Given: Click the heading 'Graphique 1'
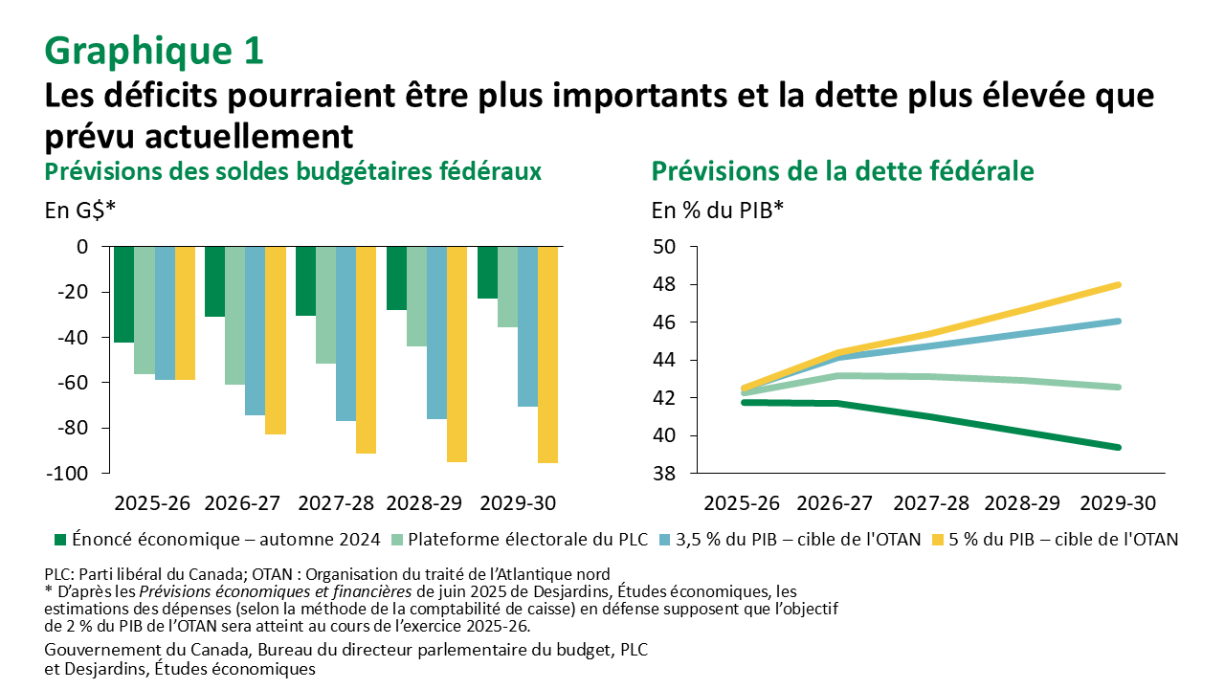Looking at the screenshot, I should coord(153,51).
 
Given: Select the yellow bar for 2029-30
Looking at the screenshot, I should coord(547,354).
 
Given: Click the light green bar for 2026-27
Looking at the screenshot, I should coord(234,315).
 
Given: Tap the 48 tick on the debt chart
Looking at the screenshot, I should coord(663,285).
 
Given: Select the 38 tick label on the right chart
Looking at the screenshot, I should coord(663,474).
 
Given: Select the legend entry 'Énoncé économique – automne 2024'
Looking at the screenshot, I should coord(226,540).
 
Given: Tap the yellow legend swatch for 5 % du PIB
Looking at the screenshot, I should coord(940,540).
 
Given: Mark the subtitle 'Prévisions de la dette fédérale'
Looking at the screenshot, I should coord(842,171).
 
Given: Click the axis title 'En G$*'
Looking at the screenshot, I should coord(79,210).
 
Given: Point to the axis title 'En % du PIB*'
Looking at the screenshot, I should coord(718,210).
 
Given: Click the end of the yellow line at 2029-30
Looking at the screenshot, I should coord(1117,285).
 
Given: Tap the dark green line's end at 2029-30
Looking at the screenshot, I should coord(1117,447).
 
